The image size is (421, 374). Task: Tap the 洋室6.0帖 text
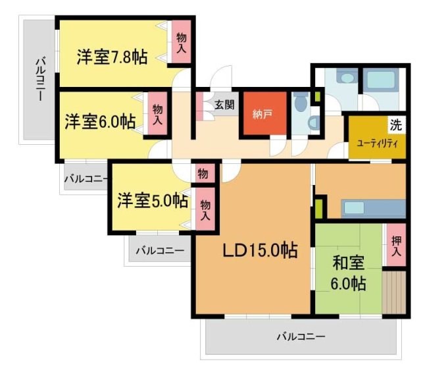point(101,122)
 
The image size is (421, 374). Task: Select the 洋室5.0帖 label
point(153,200)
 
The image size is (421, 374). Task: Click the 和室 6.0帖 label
point(349,273)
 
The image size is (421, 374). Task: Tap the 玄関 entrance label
point(224,103)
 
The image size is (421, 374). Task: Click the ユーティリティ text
point(377,143)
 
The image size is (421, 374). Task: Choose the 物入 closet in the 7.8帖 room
point(182,43)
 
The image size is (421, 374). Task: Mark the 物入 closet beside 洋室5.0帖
point(205,210)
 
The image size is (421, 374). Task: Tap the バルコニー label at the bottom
point(301,337)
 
